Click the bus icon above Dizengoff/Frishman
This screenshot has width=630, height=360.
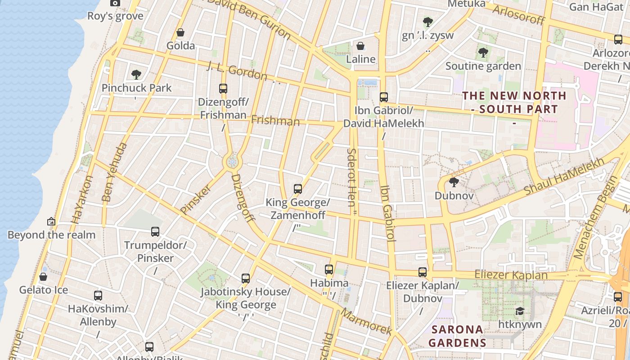point(223,88)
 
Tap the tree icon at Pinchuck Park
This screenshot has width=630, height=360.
point(136,74)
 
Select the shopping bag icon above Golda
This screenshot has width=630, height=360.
point(180,32)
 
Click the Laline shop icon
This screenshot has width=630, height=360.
point(360,46)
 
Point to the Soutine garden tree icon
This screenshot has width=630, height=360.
point(483,53)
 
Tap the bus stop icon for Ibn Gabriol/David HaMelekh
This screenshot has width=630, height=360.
point(383,97)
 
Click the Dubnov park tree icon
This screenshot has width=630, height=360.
point(454,182)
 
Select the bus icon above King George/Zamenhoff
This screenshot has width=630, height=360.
point(297,189)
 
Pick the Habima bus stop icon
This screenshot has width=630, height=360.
point(329,270)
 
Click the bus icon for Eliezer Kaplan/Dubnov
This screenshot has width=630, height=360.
point(422,272)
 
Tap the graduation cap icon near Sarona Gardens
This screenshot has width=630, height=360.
point(520,311)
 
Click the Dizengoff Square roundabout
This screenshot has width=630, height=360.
point(232,161)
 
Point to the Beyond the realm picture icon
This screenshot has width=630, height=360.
point(51,221)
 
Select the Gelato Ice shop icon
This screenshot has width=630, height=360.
point(43,276)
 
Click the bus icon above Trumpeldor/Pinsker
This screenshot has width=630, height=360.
point(155,232)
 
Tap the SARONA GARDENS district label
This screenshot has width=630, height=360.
point(457,336)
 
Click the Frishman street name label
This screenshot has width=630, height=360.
point(275,121)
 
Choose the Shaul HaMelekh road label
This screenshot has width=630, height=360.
point(564,177)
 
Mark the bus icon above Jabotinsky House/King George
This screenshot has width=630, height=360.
point(245,278)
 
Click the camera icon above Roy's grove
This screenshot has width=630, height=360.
point(115,3)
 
